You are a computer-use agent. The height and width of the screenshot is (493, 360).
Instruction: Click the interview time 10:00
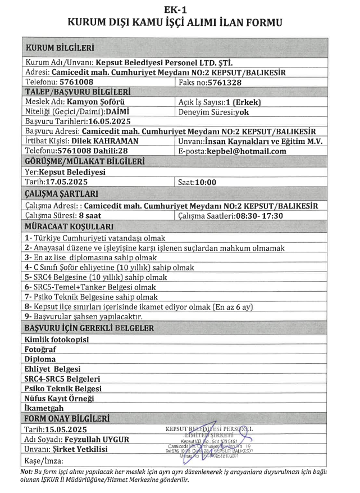205,182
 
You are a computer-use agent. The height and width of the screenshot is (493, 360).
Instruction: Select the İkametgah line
44,408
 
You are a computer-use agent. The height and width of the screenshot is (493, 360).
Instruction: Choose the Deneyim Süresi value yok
243,111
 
